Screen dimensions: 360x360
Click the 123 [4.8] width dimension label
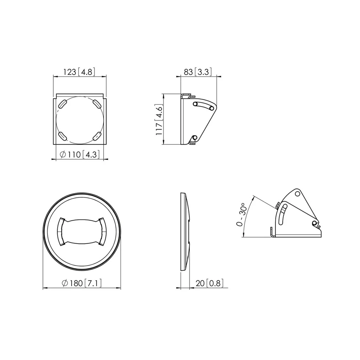(x=79, y=72)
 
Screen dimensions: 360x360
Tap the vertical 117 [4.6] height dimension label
(x=159, y=119)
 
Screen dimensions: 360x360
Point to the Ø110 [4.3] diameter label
(x=80, y=155)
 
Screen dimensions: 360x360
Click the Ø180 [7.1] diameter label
(x=82, y=283)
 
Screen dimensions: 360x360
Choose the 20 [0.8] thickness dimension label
(x=209, y=283)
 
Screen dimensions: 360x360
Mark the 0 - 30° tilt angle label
(x=242, y=214)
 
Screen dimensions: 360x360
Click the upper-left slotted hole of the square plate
(x=62, y=104)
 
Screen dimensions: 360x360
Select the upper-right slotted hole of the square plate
(x=97, y=104)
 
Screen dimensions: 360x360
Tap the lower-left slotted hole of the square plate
(x=62, y=136)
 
